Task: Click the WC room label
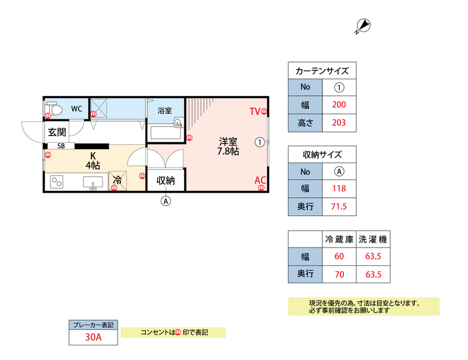click(77, 108)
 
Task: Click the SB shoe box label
click(61, 146)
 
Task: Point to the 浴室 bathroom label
click(165, 110)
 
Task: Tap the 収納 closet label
click(166, 180)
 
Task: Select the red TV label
click(254, 111)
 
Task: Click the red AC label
click(260, 180)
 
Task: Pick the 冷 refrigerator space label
click(118, 180)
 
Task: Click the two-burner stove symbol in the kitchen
click(57, 183)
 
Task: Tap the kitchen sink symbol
click(92, 184)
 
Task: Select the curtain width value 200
click(339, 105)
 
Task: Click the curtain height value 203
click(339, 123)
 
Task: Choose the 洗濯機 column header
click(373, 239)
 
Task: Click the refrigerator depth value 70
click(339, 273)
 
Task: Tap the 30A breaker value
click(94, 337)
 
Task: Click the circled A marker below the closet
click(166, 201)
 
